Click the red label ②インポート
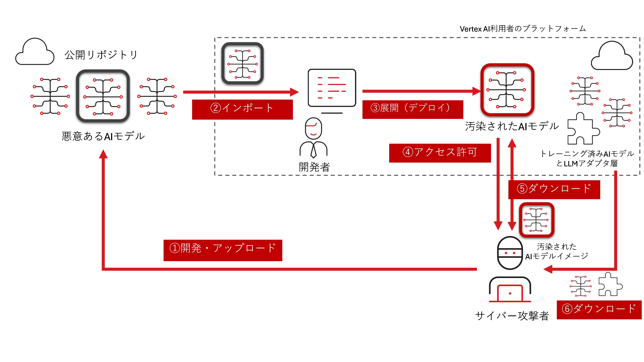click(x=242, y=109)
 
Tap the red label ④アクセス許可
click(x=440, y=153)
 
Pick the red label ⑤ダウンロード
click(x=554, y=189)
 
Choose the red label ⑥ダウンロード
click(x=599, y=310)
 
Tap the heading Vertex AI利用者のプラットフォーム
click(x=522, y=29)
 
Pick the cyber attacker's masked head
click(x=510, y=253)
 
